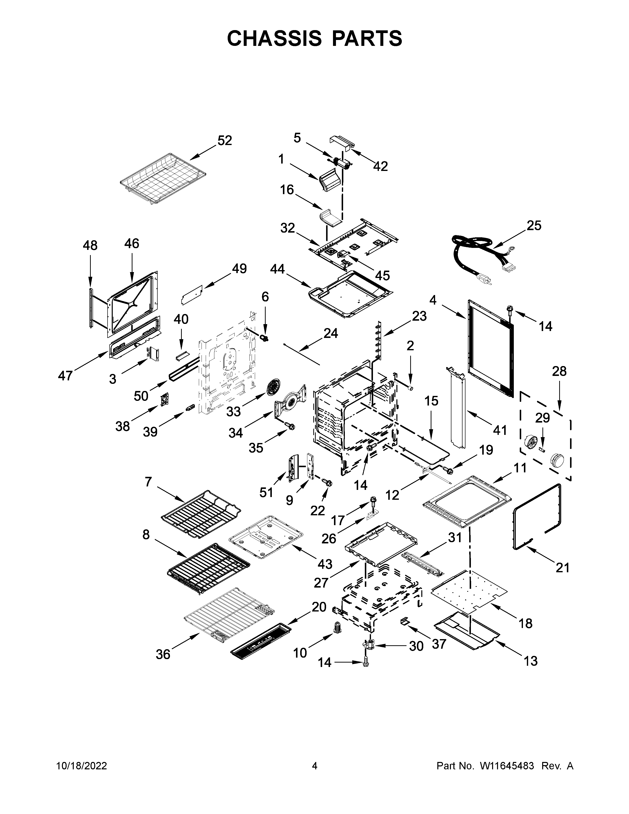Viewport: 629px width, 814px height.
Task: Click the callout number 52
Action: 225,141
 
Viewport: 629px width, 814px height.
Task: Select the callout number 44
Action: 277,269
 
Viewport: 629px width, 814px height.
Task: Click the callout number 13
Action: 531,661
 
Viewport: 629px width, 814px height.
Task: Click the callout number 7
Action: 148,482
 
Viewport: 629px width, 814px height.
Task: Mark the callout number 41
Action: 500,430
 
